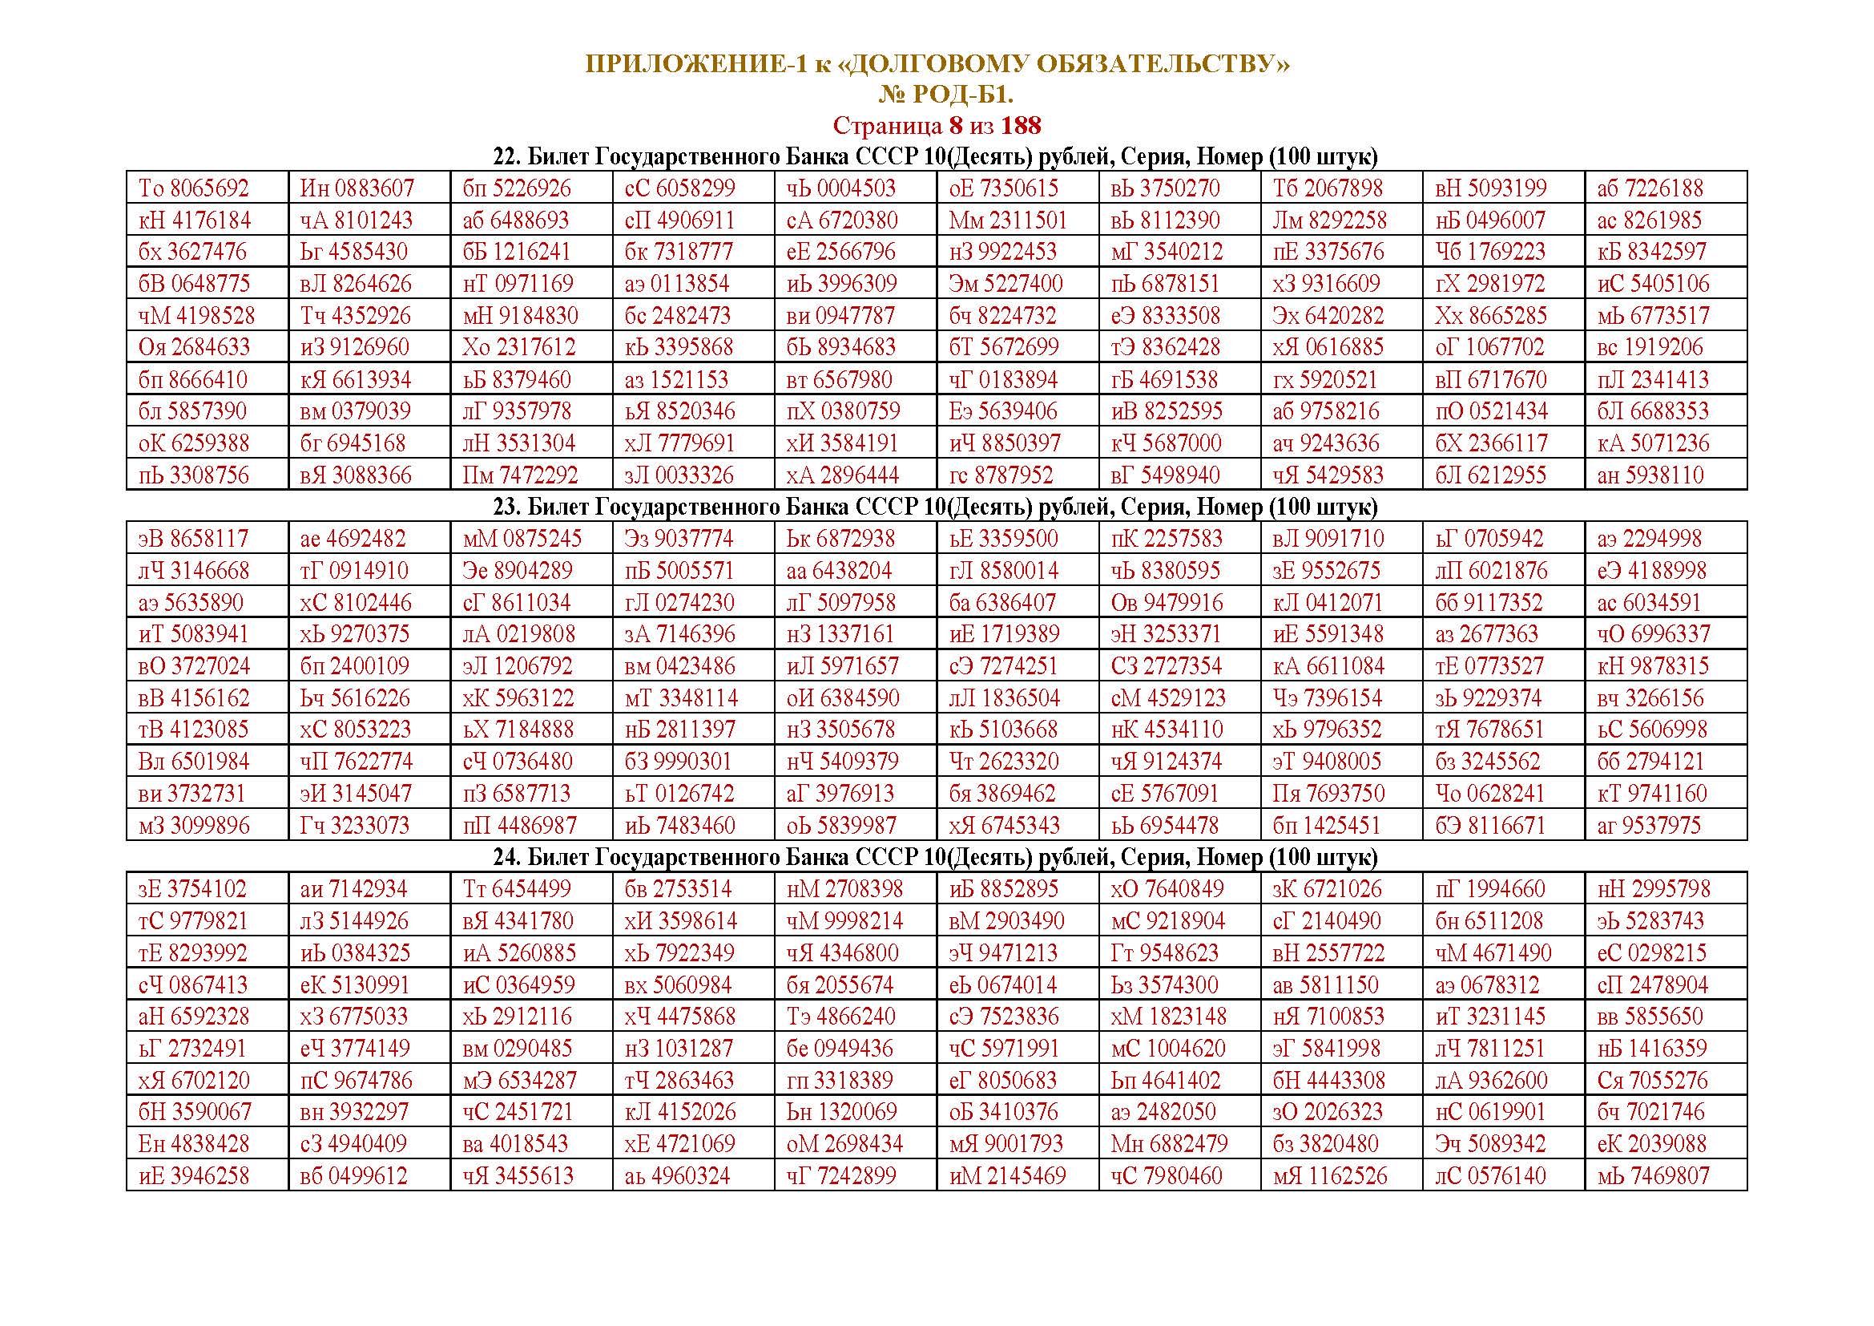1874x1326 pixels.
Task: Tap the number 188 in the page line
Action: click(x=1020, y=126)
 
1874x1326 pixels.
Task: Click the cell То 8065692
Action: click(x=193, y=188)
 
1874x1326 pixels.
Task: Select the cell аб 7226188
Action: click(x=1650, y=188)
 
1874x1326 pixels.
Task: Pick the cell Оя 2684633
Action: click(x=193, y=347)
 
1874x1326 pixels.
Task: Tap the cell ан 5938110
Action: click(x=1650, y=475)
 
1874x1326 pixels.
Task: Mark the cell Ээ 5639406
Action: click(x=1003, y=411)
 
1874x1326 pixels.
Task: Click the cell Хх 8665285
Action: click(x=1490, y=316)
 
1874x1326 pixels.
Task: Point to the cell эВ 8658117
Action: click(x=193, y=539)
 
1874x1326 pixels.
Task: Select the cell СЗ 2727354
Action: click(x=1166, y=666)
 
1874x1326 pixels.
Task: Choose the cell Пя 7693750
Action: click(x=1328, y=794)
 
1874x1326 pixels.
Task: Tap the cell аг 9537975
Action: click(x=1650, y=826)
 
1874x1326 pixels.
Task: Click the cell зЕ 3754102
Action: click(x=193, y=889)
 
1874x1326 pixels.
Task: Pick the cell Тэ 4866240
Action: click(x=840, y=1017)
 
